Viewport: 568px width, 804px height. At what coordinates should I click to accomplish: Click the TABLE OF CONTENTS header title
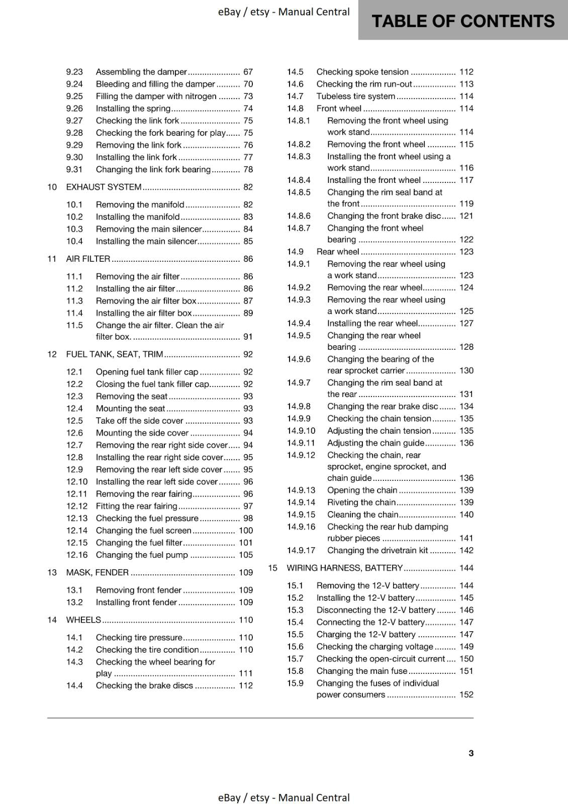click(462, 21)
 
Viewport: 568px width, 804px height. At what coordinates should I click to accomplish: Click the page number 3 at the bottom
click(471, 753)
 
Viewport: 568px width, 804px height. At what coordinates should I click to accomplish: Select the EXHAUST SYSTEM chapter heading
click(104, 187)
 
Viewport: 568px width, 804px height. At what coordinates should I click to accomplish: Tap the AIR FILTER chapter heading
click(88, 259)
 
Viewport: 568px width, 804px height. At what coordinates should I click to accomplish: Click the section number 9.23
click(74, 72)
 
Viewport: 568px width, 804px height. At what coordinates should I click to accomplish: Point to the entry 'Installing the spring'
click(133, 109)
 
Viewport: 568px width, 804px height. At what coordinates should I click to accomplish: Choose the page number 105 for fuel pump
click(246, 555)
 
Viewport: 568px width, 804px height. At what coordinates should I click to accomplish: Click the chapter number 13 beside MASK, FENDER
click(52, 572)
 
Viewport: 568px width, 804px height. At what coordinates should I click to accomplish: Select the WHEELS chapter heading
click(83, 620)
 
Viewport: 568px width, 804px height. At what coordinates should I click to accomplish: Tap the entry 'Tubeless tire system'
click(355, 96)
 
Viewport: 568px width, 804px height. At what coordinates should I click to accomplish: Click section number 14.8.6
click(299, 216)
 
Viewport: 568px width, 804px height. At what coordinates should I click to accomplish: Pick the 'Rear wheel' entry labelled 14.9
click(338, 252)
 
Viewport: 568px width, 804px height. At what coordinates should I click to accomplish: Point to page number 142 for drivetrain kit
click(466, 550)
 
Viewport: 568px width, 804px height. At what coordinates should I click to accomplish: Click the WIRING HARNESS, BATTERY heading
click(344, 568)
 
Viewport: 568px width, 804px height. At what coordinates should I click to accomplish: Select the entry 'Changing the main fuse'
click(361, 671)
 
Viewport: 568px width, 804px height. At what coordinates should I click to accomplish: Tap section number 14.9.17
click(301, 550)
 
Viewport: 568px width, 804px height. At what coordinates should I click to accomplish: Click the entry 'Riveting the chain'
click(361, 502)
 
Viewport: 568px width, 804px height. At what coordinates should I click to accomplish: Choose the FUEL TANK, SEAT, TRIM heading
click(115, 354)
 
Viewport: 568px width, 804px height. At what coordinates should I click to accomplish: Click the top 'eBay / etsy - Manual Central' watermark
click(283, 12)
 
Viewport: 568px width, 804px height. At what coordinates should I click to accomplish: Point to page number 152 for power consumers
click(466, 694)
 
